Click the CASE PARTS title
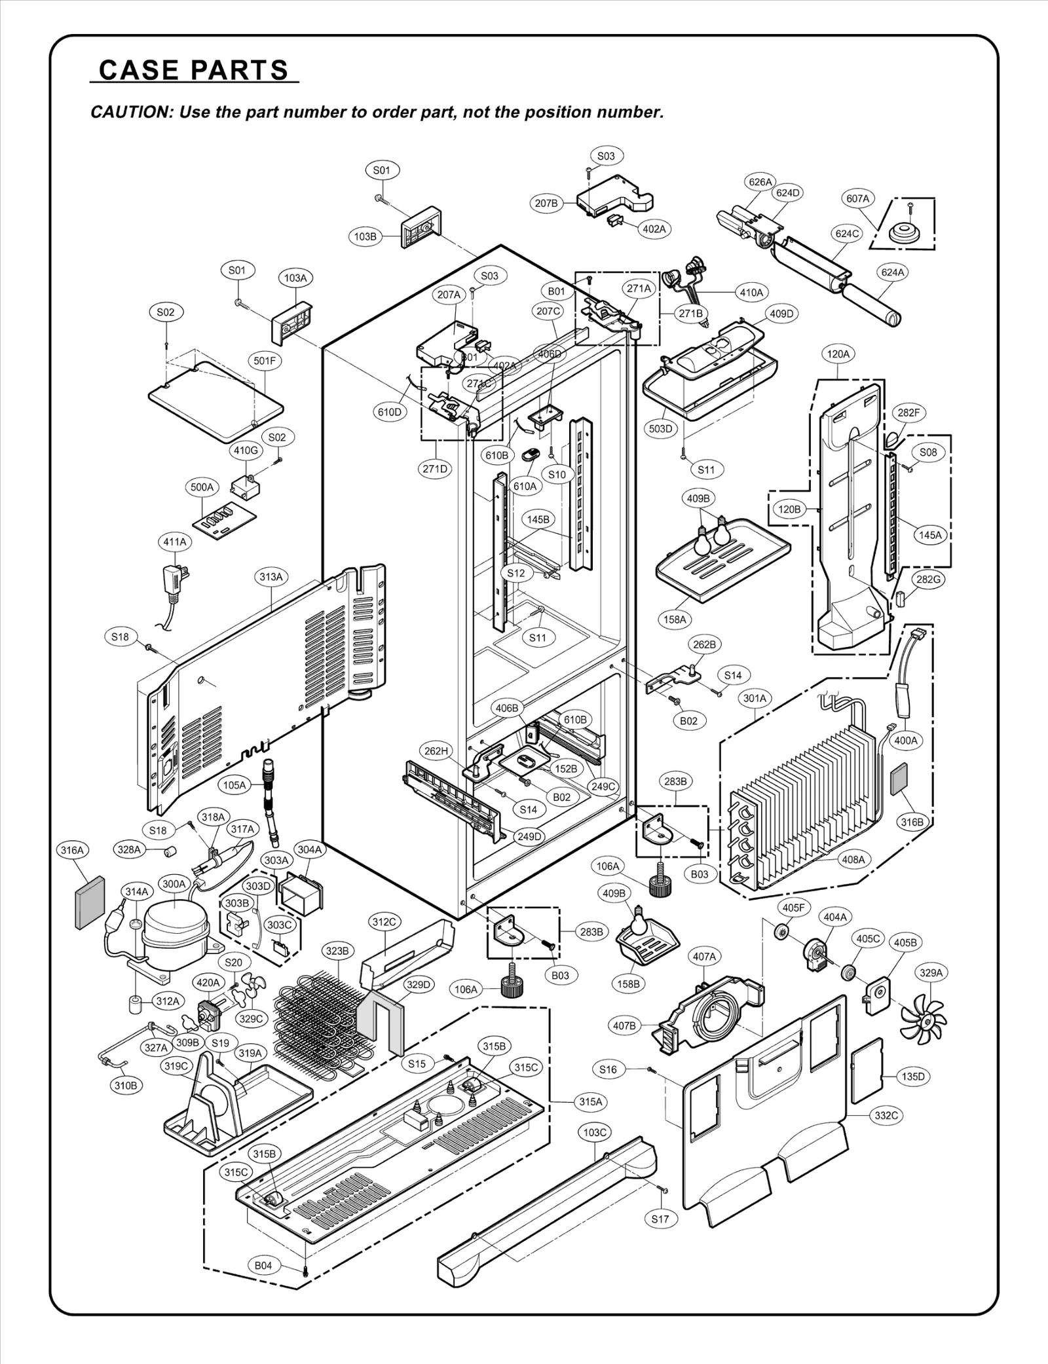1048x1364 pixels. (x=193, y=70)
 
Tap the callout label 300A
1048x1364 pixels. (x=174, y=884)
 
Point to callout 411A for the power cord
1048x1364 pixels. (x=175, y=542)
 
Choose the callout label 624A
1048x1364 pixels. (x=893, y=272)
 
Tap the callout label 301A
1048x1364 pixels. (x=755, y=699)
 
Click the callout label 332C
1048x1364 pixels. (x=886, y=1116)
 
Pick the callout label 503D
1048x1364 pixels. (x=660, y=429)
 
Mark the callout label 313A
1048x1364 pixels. (x=271, y=577)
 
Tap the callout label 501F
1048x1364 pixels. (x=265, y=361)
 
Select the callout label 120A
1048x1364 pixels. (x=838, y=354)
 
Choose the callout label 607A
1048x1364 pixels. (x=857, y=198)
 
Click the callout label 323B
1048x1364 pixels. (x=337, y=951)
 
